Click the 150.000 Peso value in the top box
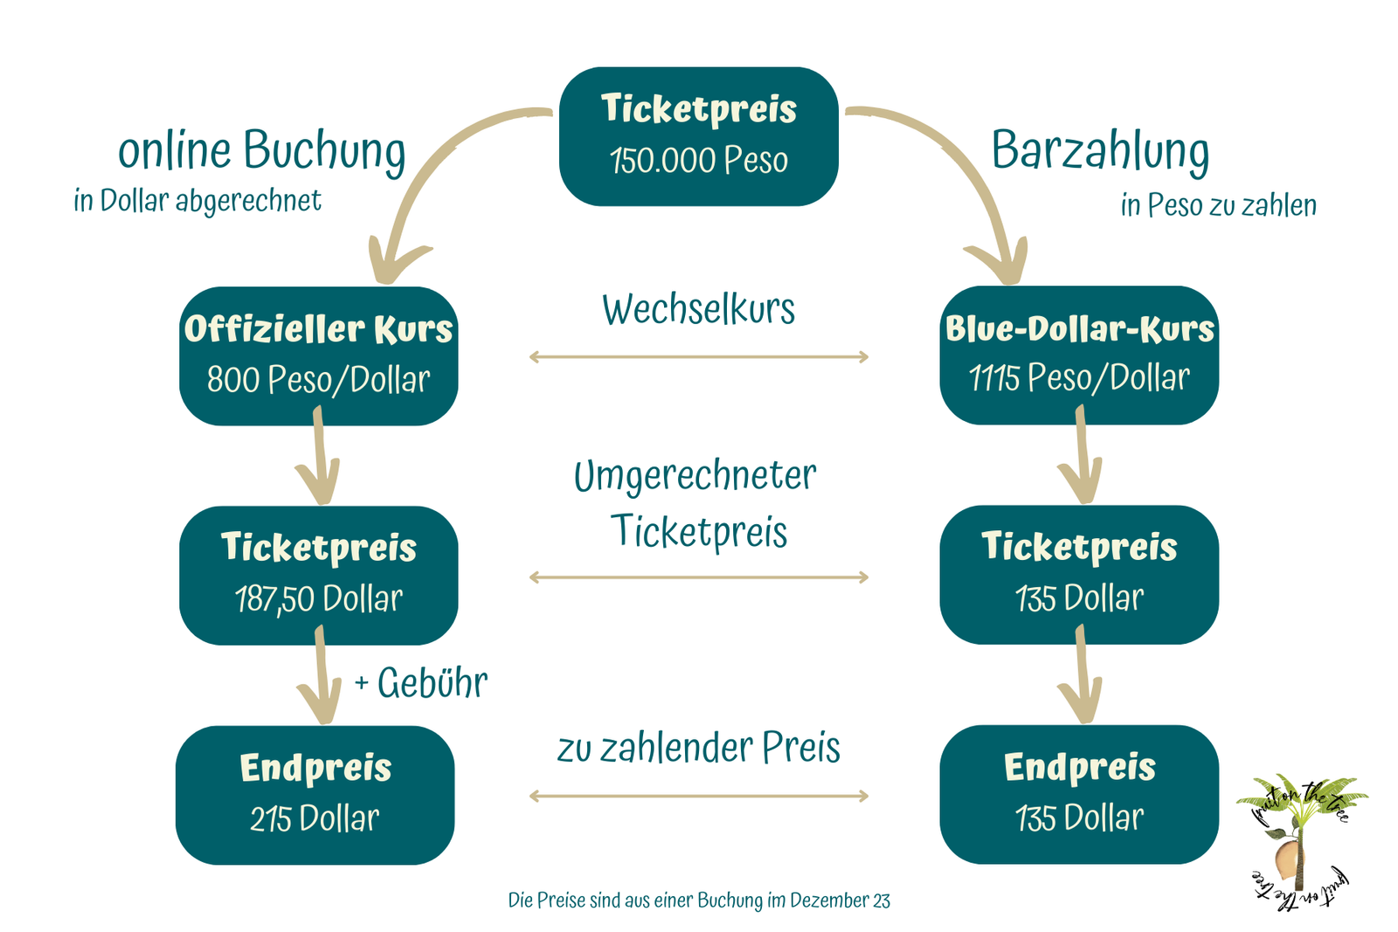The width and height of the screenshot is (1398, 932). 698,160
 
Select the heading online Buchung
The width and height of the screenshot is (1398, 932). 262,152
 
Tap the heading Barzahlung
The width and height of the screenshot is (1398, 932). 1100,152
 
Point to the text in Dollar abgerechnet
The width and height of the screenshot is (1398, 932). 197,201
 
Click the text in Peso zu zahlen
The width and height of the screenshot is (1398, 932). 1219,205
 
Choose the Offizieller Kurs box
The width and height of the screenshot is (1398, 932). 319,356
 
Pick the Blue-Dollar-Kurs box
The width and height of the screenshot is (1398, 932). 1079,356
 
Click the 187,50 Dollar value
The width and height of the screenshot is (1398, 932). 319,599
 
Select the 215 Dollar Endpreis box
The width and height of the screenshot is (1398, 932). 315,795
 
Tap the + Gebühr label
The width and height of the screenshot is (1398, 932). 421,682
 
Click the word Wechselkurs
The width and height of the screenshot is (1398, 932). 698,309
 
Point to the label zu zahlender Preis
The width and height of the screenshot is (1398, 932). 698,748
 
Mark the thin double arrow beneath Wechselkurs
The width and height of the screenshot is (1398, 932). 698,357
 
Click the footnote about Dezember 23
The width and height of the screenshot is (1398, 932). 699,901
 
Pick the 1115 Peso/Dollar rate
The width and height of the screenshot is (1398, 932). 1079,378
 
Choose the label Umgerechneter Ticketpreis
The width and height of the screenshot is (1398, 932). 696,504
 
